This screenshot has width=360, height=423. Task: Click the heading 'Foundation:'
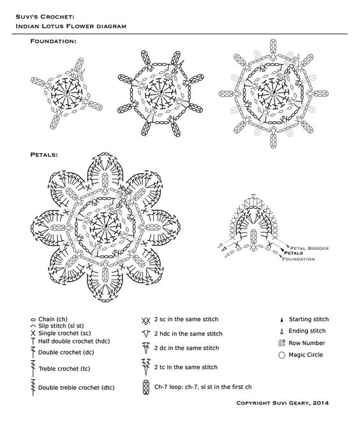(x=53, y=41)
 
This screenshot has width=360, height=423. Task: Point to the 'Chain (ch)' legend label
(x=54, y=319)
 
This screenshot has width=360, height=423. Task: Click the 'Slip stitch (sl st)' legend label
(x=63, y=326)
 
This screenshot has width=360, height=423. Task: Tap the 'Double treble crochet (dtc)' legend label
(x=77, y=387)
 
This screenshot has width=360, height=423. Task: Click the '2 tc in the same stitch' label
(x=186, y=367)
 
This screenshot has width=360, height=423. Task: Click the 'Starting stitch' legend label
(x=308, y=318)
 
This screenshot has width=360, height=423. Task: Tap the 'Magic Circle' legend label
(x=306, y=355)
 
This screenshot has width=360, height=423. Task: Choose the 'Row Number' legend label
(x=306, y=343)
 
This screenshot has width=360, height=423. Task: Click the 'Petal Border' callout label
(x=310, y=246)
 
